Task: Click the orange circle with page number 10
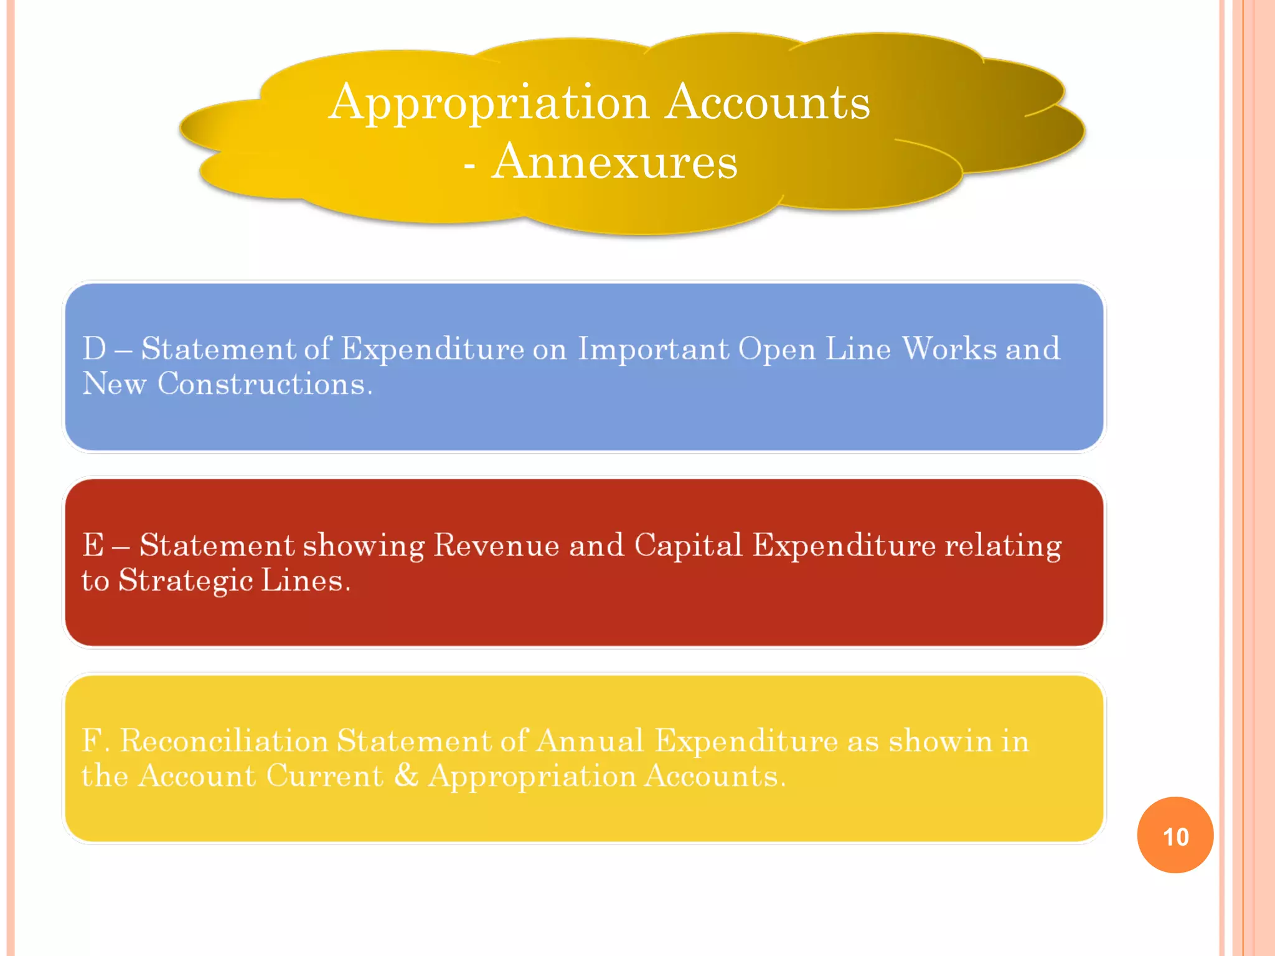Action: point(1175,835)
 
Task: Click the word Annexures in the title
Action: point(614,161)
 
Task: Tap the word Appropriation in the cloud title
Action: point(489,103)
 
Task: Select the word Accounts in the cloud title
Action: point(768,102)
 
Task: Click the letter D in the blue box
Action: point(95,349)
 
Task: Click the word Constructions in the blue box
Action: point(265,384)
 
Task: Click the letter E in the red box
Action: point(93,545)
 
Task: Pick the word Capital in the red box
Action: point(689,545)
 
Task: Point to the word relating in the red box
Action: point(1004,545)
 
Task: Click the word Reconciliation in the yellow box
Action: point(224,741)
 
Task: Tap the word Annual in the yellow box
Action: point(590,741)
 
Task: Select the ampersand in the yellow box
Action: point(406,776)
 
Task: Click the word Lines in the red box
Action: point(305,581)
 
